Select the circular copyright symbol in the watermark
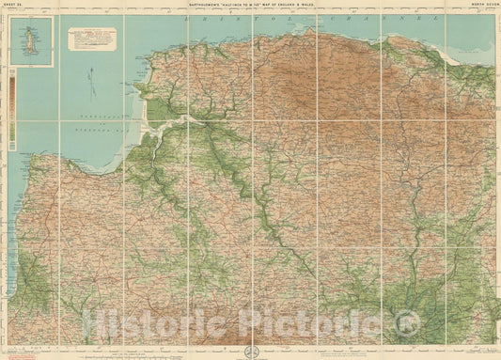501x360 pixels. pos(405,326)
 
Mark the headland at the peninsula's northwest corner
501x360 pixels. pos(141,86)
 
